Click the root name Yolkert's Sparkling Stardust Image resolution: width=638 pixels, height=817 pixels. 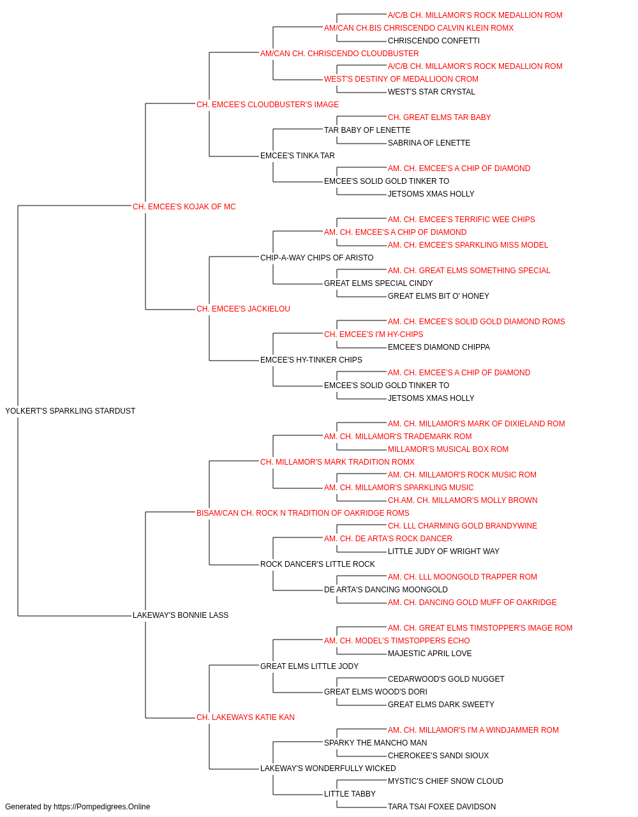pyautogui.click(x=70, y=411)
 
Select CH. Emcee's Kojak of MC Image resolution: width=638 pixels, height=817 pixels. pyautogui.click(x=184, y=207)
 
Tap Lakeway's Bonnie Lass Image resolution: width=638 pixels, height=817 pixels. pyautogui.click(x=181, y=615)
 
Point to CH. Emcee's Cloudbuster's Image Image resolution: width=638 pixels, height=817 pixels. pyautogui.click(x=267, y=105)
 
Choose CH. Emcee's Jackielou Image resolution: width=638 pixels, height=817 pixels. pyautogui.click(x=243, y=309)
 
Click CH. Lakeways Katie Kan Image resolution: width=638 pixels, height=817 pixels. pyautogui.click(x=246, y=717)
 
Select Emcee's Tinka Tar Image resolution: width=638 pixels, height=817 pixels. pyautogui.click(x=297, y=156)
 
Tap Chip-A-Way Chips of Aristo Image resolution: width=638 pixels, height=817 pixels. pyautogui.click(x=316, y=258)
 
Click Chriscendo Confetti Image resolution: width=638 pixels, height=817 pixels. pyautogui.click(x=434, y=41)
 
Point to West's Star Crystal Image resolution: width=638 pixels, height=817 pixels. pyautogui.click(x=431, y=92)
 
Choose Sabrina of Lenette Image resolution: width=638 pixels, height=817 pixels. pyautogui.click(x=429, y=143)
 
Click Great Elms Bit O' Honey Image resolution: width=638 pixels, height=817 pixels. pyautogui.click(x=438, y=296)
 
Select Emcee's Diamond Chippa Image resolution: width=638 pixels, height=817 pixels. pyautogui.click(x=439, y=347)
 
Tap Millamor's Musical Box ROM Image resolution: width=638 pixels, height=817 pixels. pyautogui.click(x=448, y=449)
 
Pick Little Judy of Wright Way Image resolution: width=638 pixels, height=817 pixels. pyautogui.click(x=443, y=551)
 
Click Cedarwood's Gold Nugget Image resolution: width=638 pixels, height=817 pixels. pyautogui.click(x=446, y=679)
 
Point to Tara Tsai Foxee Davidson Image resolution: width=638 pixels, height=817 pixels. pyautogui.click(x=442, y=807)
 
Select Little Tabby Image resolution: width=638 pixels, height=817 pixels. pyautogui.click(x=350, y=793)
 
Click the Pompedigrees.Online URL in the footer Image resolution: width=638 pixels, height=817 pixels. pyautogui.click(x=102, y=807)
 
